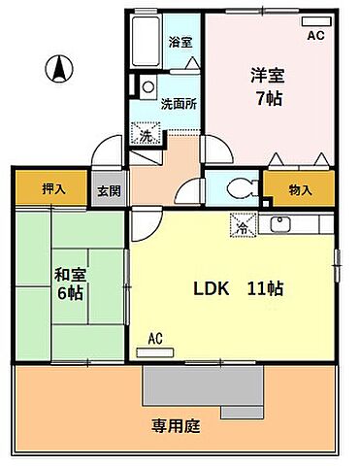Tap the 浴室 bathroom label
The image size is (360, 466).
(180, 42)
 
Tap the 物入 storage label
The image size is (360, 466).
(300, 191)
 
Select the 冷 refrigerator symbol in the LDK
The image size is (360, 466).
(241, 227)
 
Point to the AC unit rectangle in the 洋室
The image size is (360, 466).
(316, 20)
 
